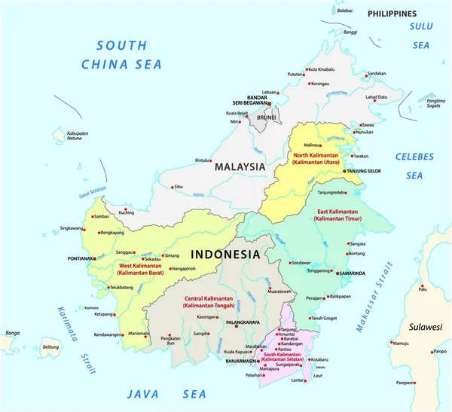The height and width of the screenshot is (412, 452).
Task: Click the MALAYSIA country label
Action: click(240, 166)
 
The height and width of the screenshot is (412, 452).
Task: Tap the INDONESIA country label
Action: click(226, 254)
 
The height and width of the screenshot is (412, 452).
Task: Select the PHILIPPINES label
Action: click(392, 14)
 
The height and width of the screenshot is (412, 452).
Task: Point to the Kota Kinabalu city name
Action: click(325, 70)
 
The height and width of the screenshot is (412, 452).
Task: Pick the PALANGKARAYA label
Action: click(242, 322)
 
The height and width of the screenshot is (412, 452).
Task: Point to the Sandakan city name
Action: click(378, 73)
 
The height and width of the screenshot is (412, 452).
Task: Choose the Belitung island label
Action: click(50, 347)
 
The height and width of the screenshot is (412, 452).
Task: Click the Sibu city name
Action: click(179, 186)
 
